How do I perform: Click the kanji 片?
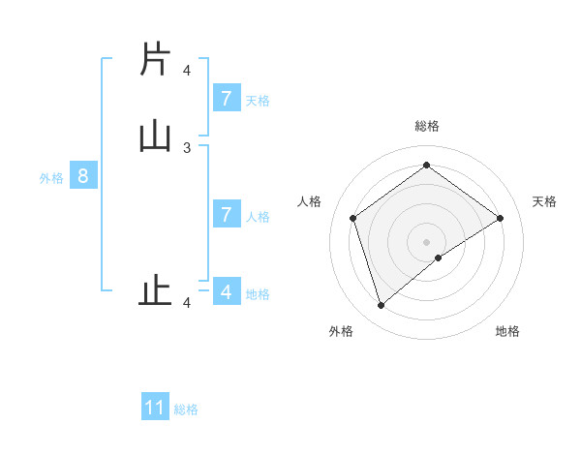click(154, 60)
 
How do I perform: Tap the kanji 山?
click(154, 136)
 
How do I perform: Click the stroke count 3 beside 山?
click(187, 147)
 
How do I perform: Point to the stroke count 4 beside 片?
click(187, 71)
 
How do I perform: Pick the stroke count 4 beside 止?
click(187, 303)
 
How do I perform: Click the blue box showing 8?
click(83, 176)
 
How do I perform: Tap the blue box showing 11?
click(155, 408)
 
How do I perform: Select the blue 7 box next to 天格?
click(227, 98)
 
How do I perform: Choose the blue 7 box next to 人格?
click(227, 214)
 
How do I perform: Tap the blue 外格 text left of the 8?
click(51, 178)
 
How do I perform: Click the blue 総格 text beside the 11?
click(186, 409)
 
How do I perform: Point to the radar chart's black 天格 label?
click(544, 201)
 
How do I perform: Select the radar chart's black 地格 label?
click(507, 331)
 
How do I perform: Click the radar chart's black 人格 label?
click(309, 201)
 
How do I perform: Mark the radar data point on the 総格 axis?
click(426, 165)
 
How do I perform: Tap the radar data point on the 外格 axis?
click(381, 306)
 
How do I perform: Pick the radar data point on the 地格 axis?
click(439, 258)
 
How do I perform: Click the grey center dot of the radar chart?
click(426, 241)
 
